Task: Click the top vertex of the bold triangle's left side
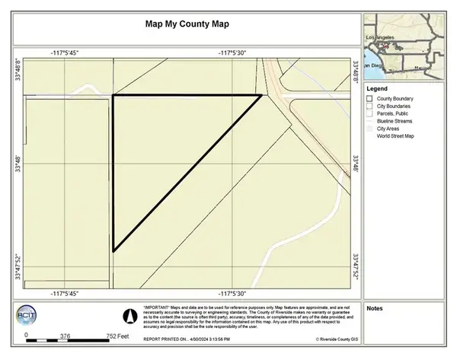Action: tap(113, 96)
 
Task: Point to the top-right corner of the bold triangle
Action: tap(261, 95)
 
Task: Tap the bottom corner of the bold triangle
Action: tap(113, 250)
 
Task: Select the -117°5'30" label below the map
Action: tap(234, 293)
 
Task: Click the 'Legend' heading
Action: tap(377, 88)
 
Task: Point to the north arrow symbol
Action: tap(130, 313)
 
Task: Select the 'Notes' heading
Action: tap(374, 309)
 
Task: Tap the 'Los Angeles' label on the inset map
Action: tap(381, 37)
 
